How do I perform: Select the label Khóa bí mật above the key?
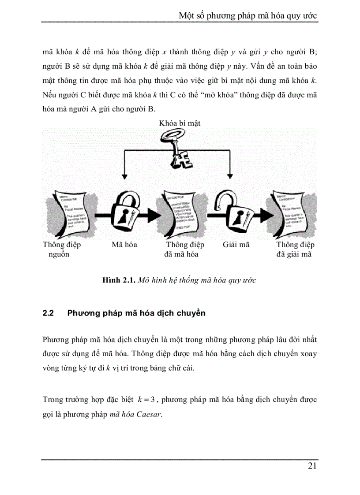(x=180, y=123)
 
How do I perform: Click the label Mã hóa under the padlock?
(x=124, y=245)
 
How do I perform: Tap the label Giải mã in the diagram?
(x=236, y=245)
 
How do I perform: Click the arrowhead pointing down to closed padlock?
(x=124, y=174)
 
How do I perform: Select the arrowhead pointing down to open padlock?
(x=229, y=174)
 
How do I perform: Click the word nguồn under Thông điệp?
(x=58, y=255)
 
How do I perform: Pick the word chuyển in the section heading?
(x=191, y=314)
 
